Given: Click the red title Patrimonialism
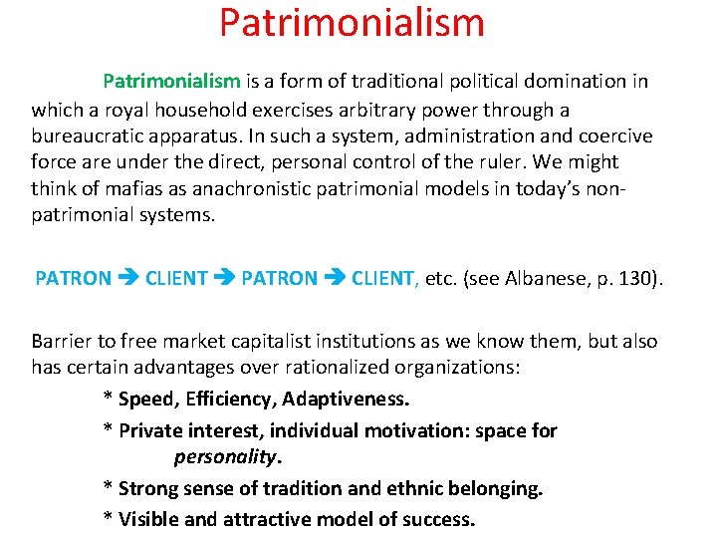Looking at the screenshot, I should tap(352, 23).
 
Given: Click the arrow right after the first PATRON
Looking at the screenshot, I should tap(128, 279).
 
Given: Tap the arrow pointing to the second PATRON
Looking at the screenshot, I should tap(225, 279).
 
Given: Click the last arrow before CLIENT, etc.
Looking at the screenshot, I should tap(335, 279).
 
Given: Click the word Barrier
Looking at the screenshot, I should tap(62, 341).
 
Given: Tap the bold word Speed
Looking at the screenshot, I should tap(144, 400).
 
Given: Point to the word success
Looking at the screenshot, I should tap(438, 518).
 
